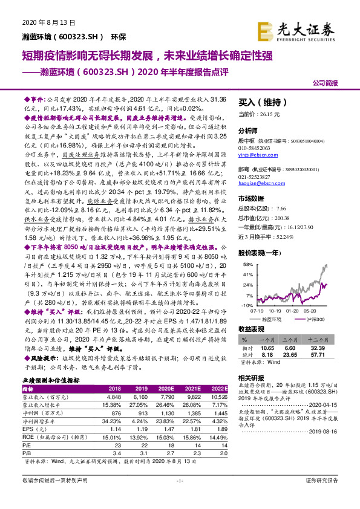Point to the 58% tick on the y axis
coord(247,265)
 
